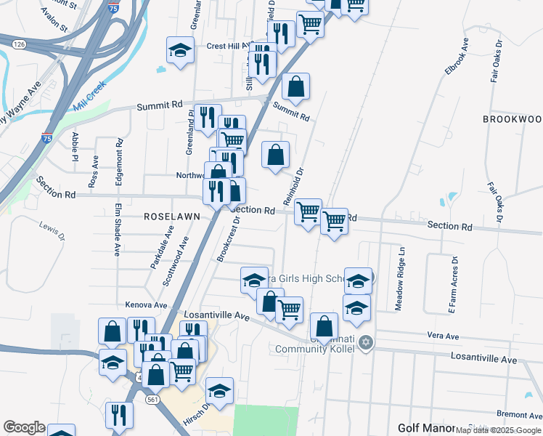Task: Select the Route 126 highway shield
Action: click(x=20, y=44)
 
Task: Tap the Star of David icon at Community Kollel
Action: click(x=365, y=342)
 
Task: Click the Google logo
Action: click(x=24, y=427)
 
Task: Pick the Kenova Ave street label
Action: click(x=146, y=304)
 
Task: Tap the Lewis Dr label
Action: click(x=52, y=232)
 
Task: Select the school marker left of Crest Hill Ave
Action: click(x=180, y=50)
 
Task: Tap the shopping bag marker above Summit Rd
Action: click(x=295, y=86)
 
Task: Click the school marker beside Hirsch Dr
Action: click(x=219, y=391)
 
